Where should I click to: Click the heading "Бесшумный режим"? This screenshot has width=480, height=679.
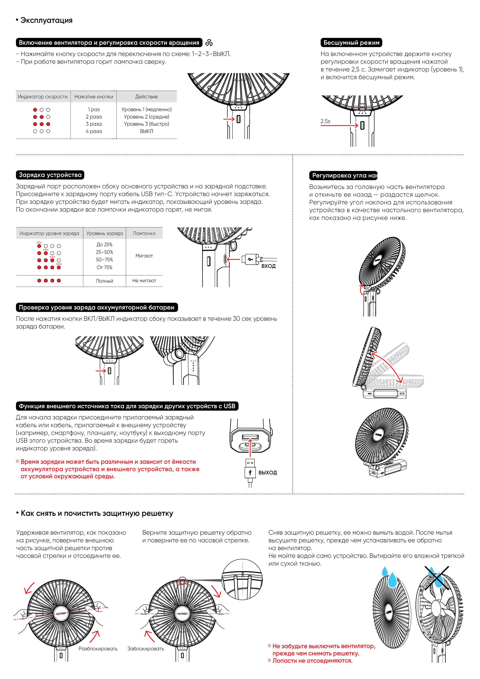[x=351, y=43]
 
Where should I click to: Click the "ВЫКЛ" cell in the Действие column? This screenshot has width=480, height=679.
[x=146, y=131]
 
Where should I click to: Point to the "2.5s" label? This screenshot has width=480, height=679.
[x=325, y=121]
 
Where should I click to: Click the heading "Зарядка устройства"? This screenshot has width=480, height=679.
[x=50, y=175]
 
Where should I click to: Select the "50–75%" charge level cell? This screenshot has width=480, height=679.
[x=104, y=260]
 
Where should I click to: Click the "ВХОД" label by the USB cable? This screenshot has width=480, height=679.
[x=268, y=266]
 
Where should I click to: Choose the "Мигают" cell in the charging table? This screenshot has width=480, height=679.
[x=144, y=256]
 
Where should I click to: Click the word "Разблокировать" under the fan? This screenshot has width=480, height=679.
[x=98, y=649]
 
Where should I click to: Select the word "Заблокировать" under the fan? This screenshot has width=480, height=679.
[x=146, y=649]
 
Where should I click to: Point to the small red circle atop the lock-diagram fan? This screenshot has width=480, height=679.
[x=183, y=580]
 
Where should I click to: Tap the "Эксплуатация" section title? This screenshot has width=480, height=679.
[x=44, y=20]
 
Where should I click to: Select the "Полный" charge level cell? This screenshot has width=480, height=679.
[x=104, y=281]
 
